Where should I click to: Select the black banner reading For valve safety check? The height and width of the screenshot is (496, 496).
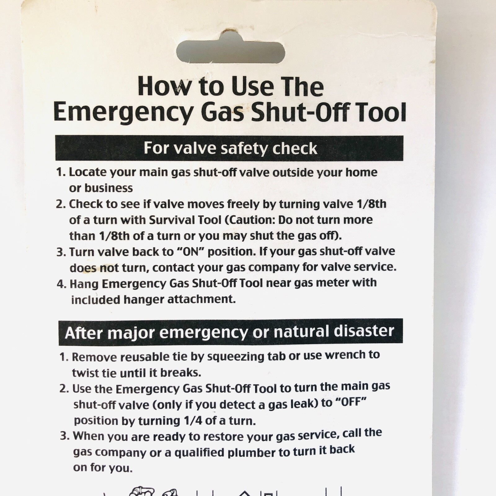[229, 148]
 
